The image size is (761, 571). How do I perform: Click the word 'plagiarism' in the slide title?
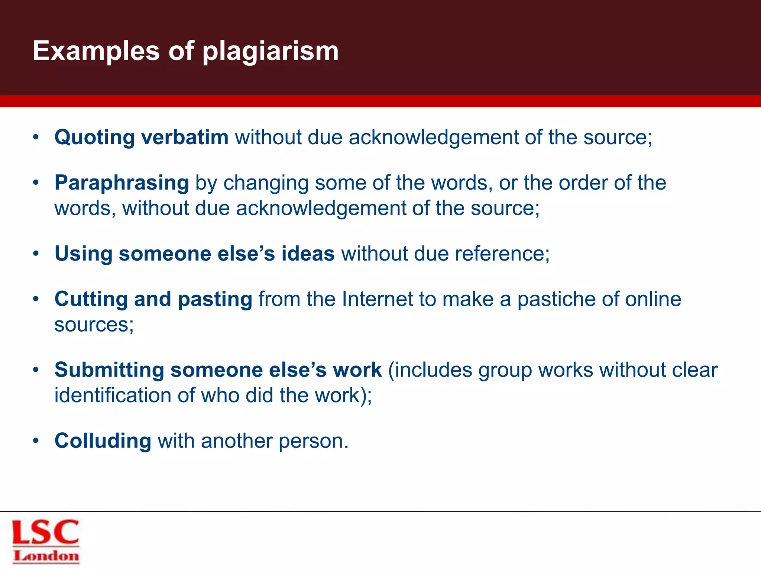[270, 51]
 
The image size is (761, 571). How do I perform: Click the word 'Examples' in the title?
[96, 51]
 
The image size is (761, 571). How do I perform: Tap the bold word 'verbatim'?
[185, 137]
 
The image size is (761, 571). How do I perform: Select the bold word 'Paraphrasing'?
[122, 183]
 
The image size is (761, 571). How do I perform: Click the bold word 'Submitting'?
[109, 370]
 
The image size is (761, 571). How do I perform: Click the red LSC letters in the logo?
[46, 532]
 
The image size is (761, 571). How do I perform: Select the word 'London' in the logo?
[46, 557]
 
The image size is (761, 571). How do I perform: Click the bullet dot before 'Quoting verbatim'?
[36, 138]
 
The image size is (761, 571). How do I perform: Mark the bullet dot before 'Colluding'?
[36, 441]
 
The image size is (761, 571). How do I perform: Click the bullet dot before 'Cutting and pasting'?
[36, 300]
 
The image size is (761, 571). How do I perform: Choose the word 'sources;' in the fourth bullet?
[94, 325]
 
